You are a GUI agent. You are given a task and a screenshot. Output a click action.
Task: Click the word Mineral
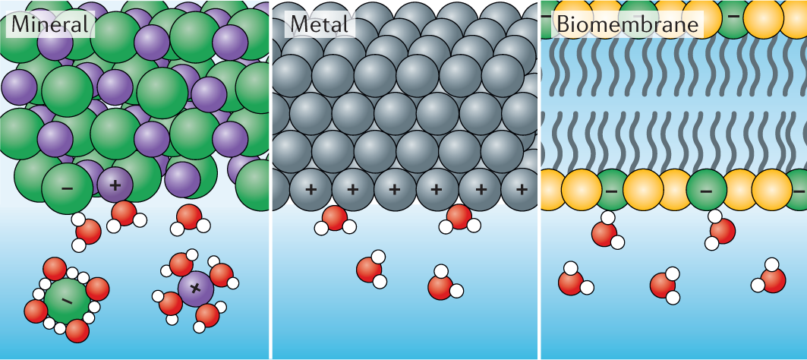point(49,24)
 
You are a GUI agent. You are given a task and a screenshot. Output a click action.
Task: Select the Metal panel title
point(320,24)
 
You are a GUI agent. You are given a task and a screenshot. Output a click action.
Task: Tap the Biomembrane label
point(626,24)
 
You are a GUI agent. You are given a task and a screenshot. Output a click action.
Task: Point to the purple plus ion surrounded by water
point(196,288)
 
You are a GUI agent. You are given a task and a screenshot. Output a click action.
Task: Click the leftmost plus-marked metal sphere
point(311,188)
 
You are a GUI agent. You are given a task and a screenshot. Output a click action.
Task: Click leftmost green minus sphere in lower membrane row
point(611,190)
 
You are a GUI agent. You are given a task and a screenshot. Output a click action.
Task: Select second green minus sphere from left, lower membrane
point(705,190)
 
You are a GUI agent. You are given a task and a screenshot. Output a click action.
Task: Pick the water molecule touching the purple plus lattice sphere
point(125,214)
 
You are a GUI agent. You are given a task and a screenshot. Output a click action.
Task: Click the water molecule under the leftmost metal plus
point(334,219)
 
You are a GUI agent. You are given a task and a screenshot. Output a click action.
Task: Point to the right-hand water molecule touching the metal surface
point(459,217)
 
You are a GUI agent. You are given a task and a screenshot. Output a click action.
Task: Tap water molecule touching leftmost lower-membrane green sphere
point(605,232)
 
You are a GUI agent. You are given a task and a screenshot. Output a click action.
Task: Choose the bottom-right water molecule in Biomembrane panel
point(771,279)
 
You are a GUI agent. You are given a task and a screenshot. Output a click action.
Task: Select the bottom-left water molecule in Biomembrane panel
point(572,281)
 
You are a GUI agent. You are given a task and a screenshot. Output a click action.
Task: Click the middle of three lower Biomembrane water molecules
point(664,285)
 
